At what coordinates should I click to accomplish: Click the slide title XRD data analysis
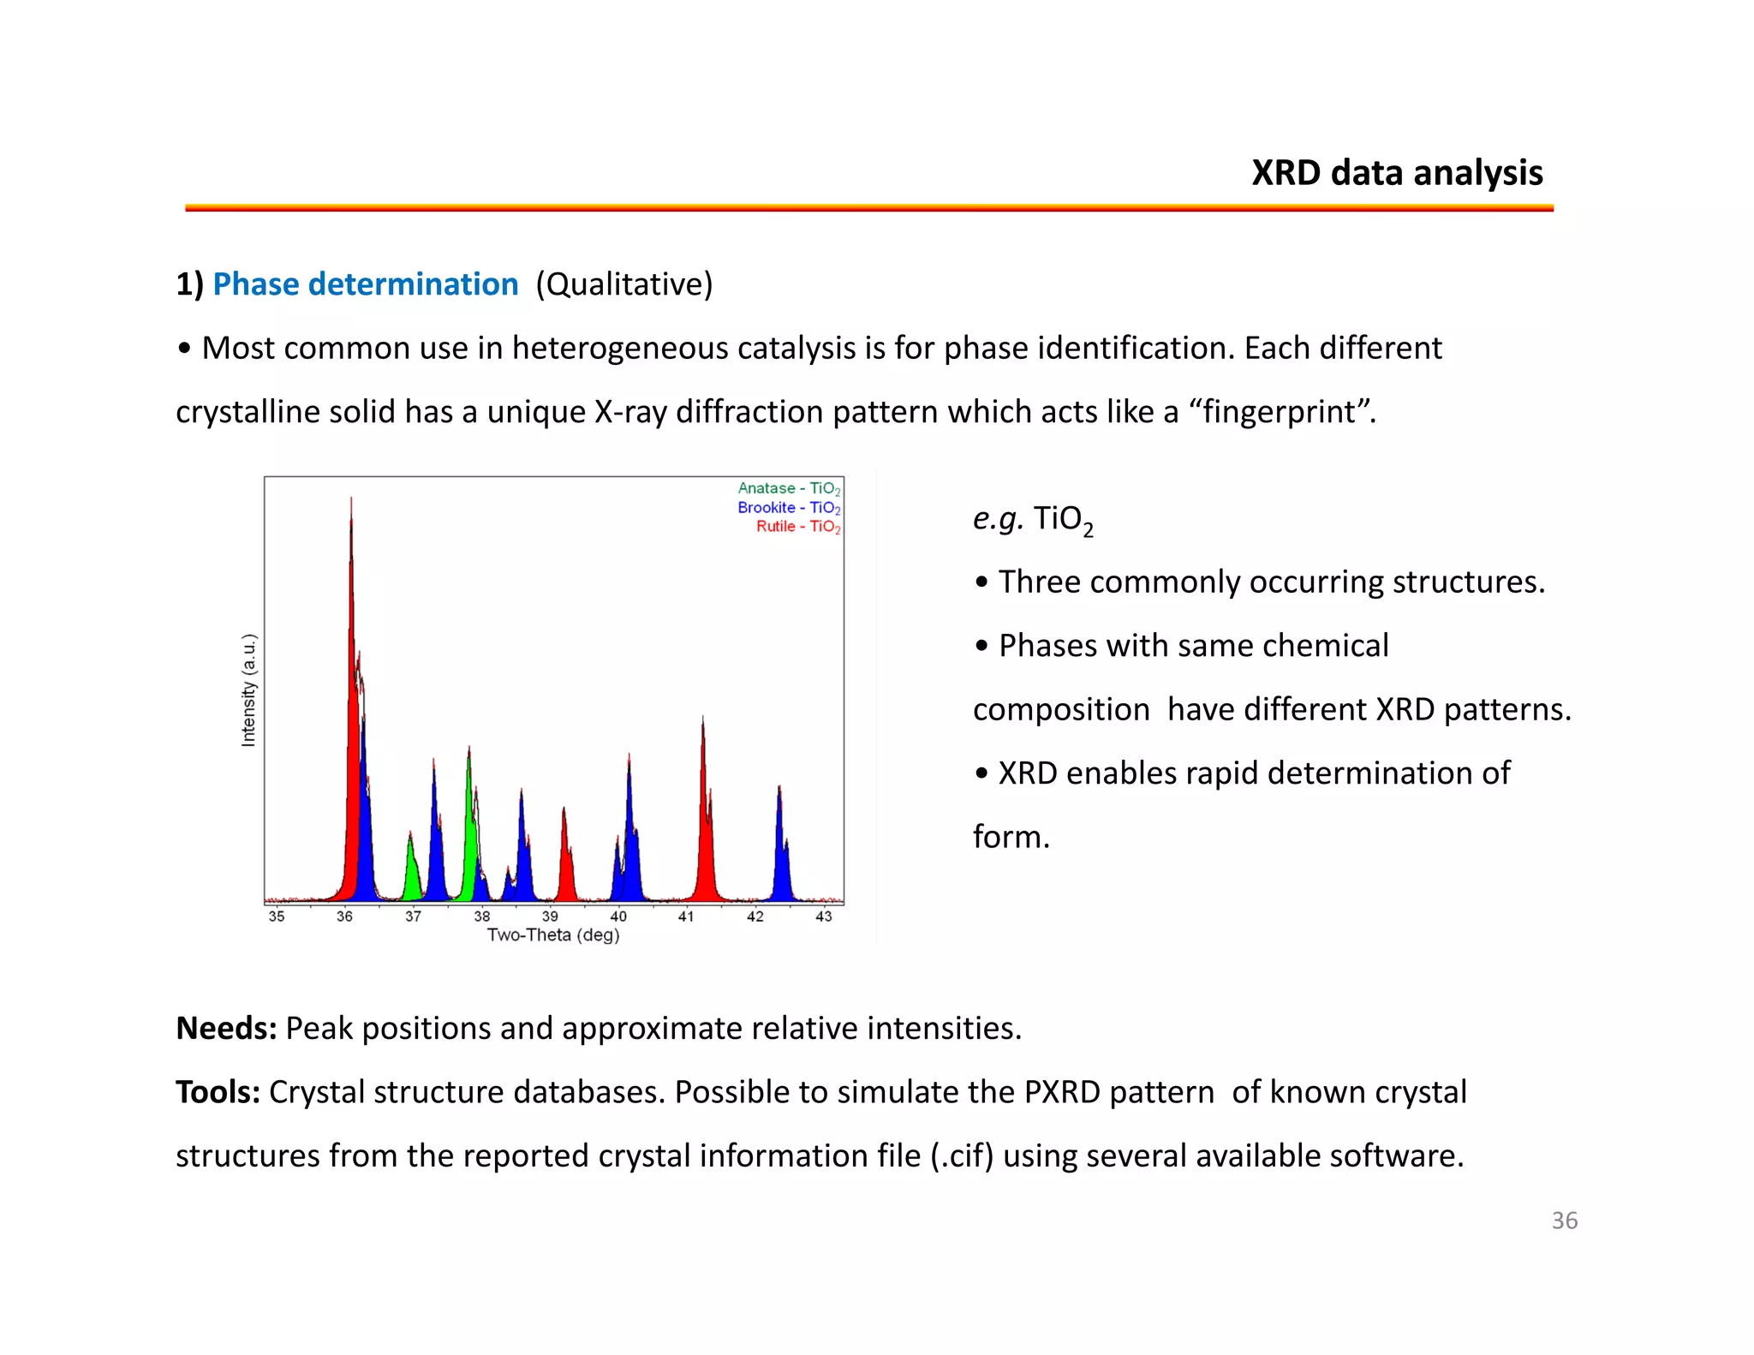tap(1396, 173)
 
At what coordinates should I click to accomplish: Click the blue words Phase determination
tap(365, 284)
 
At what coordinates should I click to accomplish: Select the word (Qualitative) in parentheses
tap(623, 284)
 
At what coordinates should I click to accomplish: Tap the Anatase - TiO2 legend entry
tap(788, 488)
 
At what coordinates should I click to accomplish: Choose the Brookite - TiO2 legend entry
tap(788, 508)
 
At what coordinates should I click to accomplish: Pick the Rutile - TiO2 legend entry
tap(797, 527)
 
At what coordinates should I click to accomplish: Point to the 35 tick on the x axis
tap(277, 916)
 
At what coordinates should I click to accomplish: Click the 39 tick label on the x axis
tap(550, 916)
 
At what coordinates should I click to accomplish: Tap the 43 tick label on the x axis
tap(823, 916)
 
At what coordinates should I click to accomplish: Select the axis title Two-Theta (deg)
tap(553, 935)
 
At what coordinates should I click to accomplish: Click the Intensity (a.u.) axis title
tap(248, 690)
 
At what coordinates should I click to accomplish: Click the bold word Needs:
tap(226, 1029)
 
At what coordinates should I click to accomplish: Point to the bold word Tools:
tap(218, 1092)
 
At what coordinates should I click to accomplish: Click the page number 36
tap(1564, 1221)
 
